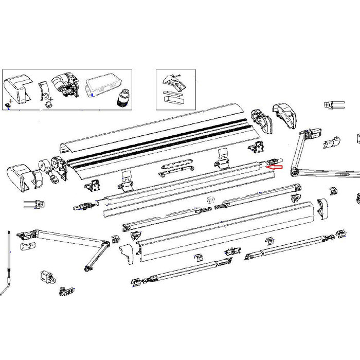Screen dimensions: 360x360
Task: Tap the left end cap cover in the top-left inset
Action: [18, 88]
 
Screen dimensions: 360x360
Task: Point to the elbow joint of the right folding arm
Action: [294, 170]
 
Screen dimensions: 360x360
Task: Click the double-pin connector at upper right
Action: [334, 105]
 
